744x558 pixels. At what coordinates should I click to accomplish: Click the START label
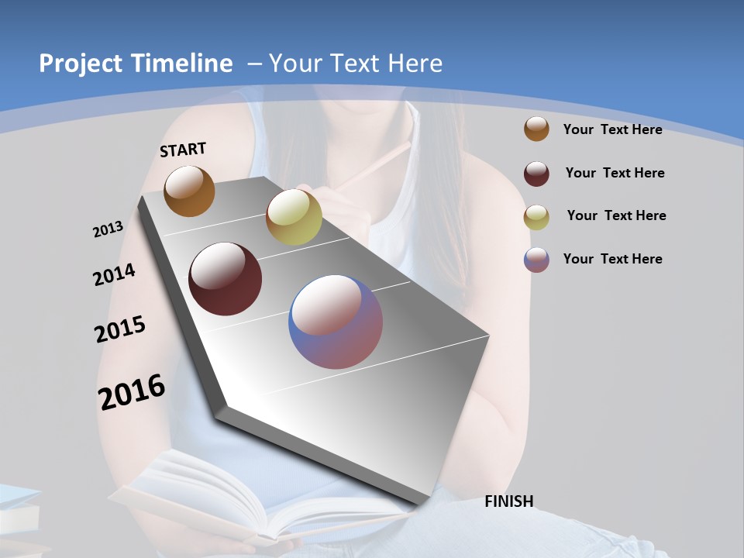(x=183, y=150)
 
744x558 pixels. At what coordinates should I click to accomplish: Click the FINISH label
(x=509, y=501)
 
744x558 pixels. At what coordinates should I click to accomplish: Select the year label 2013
(x=108, y=229)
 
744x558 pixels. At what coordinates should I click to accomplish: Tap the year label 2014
(x=114, y=275)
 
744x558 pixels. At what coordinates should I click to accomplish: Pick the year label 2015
(x=120, y=329)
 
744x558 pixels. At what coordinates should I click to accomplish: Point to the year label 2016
(x=132, y=391)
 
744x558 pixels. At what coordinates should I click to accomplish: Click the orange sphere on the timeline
(x=189, y=191)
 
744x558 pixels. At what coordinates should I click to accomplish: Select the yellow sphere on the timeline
(x=294, y=217)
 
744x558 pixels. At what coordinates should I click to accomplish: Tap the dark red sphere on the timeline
(x=226, y=279)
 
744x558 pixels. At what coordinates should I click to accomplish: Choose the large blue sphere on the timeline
(x=336, y=322)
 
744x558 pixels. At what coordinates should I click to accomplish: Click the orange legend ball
(x=536, y=129)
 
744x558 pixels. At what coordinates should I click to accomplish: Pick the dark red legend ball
(x=536, y=174)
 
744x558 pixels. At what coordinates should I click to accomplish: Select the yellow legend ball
(x=536, y=217)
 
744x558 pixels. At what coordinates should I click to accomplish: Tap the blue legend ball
(x=536, y=260)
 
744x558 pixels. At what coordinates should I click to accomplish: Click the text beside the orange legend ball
(x=612, y=129)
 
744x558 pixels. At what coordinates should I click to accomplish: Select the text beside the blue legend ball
(x=612, y=259)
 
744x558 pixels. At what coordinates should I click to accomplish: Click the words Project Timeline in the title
(x=136, y=64)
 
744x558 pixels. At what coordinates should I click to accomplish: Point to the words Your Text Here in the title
(x=356, y=64)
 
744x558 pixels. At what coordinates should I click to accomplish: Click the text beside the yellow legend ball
(x=616, y=215)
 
